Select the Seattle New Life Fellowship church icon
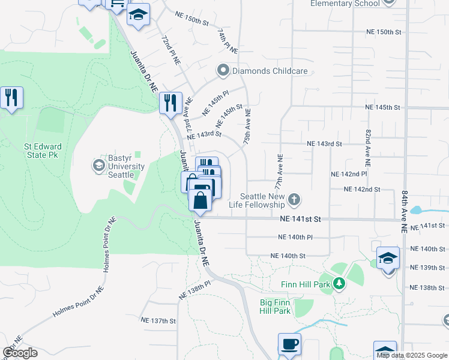click(x=294, y=199)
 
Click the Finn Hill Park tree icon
click(x=340, y=283)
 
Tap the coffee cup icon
click(x=289, y=345)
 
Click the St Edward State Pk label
click(x=40, y=150)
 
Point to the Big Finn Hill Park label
click(x=275, y=307)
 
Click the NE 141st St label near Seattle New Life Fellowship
click(x=300, y=220)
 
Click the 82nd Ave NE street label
click(x=367, y=147)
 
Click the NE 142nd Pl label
click(x=349, y=173)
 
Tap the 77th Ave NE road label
click(x=280, y=172)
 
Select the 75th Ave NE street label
click(x=247, y=125)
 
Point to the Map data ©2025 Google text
click(x=411, y=355)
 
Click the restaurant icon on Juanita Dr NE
click(x=170, y=103)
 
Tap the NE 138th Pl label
click(x=194, y=290)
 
